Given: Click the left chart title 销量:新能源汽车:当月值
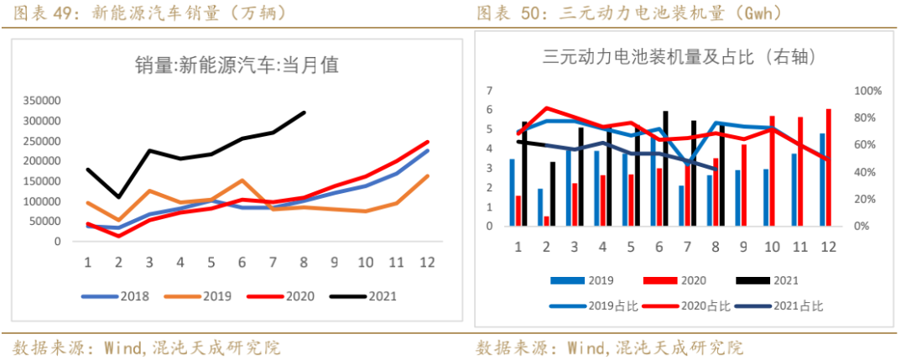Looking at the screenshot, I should pos(237,65).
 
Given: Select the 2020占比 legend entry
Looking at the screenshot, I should pos(691,305).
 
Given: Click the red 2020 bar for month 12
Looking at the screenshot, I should pos(829,167).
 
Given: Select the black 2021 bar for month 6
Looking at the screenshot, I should pos(665,168).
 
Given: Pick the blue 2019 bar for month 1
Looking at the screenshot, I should pos(512,192).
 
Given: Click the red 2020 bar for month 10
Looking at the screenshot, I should pos(772,171).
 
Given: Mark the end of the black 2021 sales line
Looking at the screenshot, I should pos(304,112).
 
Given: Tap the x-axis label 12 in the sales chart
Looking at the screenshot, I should pos(426,263).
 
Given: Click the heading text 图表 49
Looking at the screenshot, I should pos(41,13).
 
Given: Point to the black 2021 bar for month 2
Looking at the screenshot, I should pos(552,194).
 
